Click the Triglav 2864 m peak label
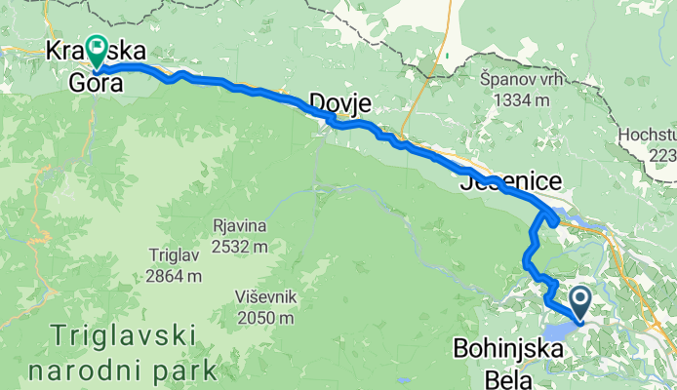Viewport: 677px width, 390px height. click(176, 265)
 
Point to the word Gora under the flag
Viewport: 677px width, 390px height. click(94, 84)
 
